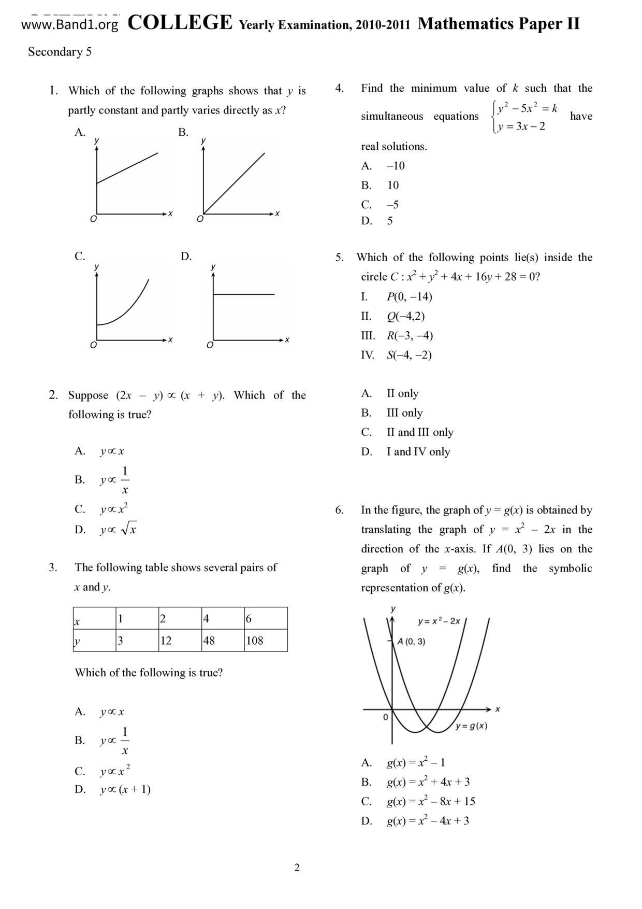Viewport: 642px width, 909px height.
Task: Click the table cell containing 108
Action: [x=265, y=641]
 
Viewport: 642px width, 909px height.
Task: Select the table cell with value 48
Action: [x=222, y=641]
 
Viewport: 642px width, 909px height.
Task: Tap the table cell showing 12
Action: [x=179, y=641]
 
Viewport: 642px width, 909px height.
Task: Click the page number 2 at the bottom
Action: [x=297, y=868]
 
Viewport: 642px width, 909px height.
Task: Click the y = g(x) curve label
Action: [x=471, y=726]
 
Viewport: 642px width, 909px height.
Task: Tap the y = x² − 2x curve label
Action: [x=439, y=621]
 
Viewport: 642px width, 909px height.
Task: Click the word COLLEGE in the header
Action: [x=180, y=23]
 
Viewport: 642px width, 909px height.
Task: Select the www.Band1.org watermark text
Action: [x=70, y=24]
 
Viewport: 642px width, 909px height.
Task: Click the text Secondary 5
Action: [x=60, y=52]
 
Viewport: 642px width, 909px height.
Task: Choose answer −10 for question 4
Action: [x=396, y=166]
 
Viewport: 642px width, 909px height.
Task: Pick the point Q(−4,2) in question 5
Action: [x=405, y=316]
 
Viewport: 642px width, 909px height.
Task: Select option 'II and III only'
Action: [x=420, y=432]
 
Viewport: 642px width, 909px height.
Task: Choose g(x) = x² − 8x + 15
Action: [x=431, y=801]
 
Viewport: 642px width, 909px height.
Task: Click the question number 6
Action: [x=339, y=510]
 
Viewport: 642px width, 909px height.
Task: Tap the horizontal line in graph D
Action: [x=243, y=294]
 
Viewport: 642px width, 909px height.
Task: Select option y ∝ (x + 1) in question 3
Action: [x=125, y=790]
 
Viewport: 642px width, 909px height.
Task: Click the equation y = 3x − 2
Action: [x=521, y=126]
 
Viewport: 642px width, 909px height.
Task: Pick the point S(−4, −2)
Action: [x=409, y=355]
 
